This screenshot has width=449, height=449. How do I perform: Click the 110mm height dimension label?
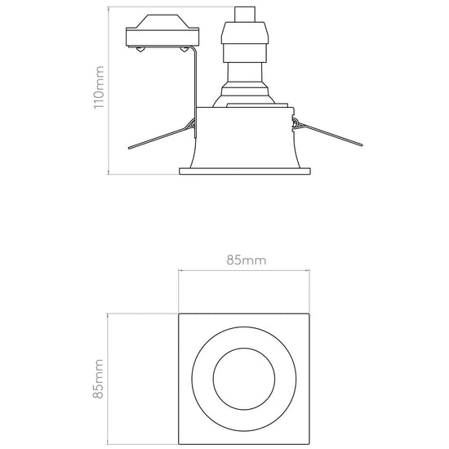pos(99,87)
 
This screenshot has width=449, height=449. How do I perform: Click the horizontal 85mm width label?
pos(247,260)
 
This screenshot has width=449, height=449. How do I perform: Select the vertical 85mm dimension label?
pos(98,379)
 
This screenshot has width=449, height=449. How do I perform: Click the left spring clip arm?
pos(160,137)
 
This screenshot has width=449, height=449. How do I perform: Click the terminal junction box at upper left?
pos(162,31)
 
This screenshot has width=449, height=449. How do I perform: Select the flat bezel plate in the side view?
pos(245,171)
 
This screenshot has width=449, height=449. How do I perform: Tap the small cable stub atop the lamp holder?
pos(245,15)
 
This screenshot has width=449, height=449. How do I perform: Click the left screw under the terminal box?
pos(140,50)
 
